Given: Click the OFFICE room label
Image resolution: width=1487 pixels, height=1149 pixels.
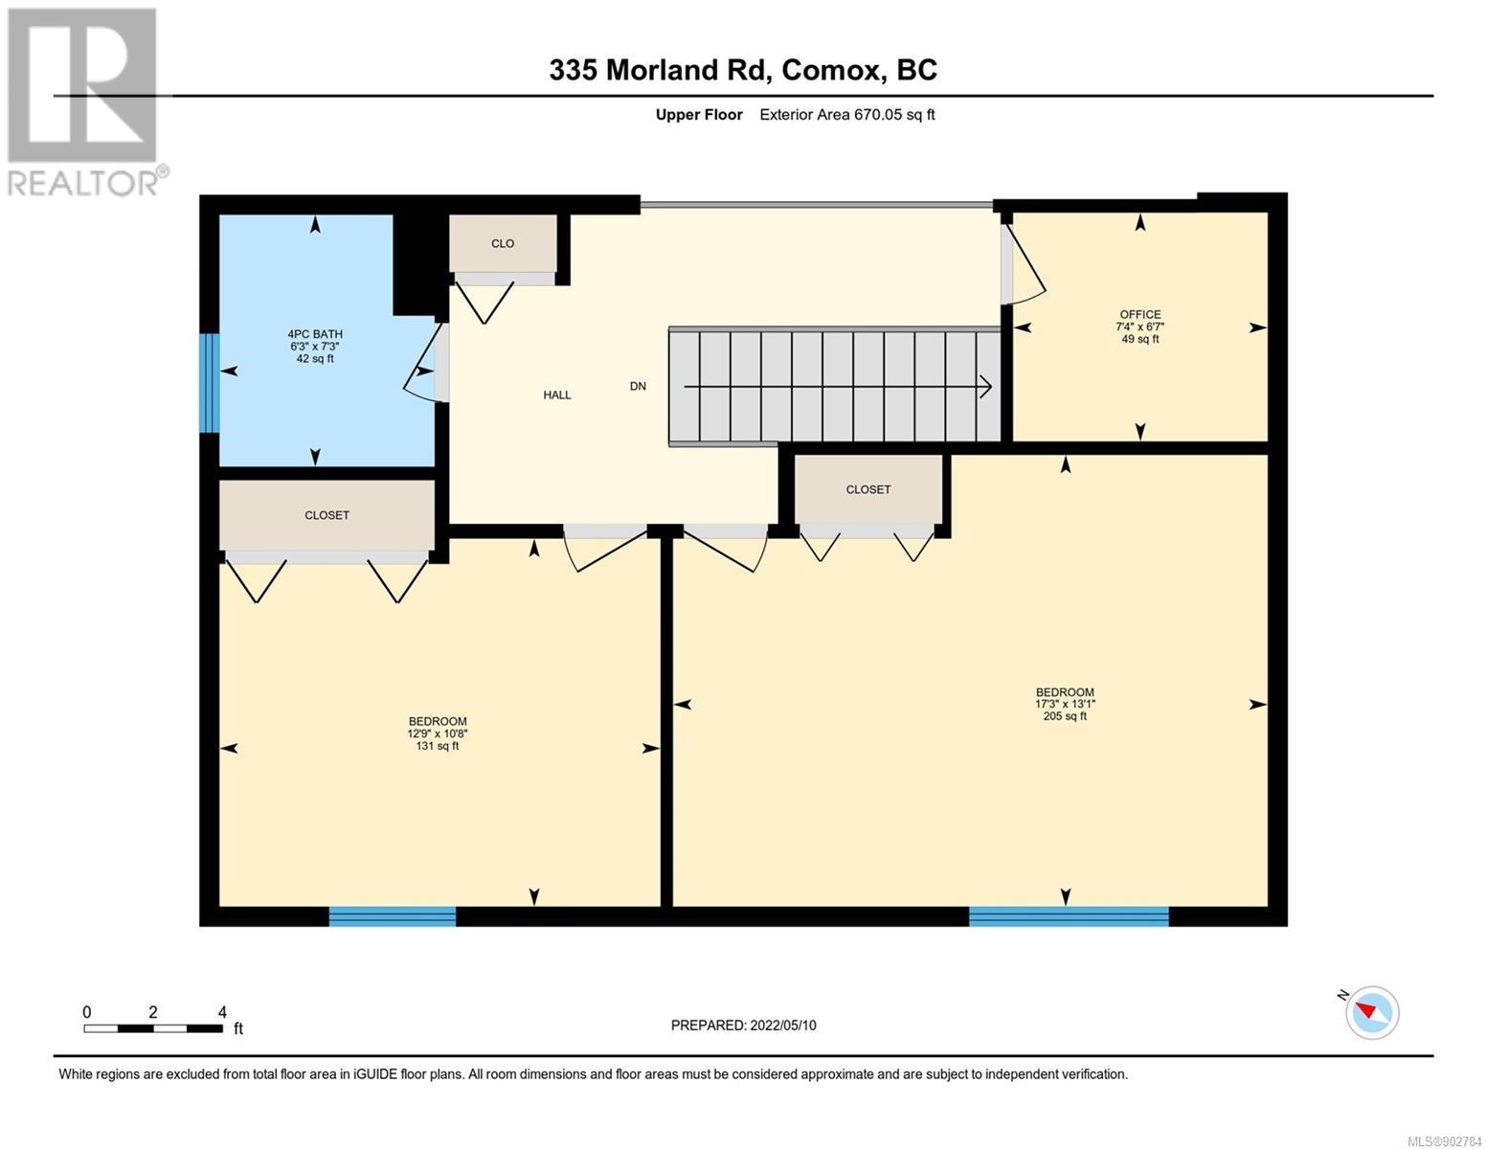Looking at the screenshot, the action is tap(1140, 314).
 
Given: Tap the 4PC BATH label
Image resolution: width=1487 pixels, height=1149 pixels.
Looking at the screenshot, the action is tap(315, 334).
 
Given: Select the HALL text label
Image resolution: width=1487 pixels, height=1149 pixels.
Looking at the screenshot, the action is tap(557, 394).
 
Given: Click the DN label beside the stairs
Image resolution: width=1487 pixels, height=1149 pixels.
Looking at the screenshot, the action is tap(638, 386).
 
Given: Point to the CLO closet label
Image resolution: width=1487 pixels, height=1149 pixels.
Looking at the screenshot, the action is tap(503, 243).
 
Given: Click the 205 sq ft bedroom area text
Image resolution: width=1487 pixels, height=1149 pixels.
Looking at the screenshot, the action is tap(1065, 716).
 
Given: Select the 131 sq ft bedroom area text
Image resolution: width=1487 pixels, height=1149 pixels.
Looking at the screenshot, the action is tap(438, 745).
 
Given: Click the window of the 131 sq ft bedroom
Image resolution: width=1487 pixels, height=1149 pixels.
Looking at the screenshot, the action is tap(393, 916).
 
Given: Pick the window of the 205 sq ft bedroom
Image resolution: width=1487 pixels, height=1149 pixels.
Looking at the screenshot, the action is tap(1069, 916).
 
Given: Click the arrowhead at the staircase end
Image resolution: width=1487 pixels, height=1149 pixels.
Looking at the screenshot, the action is tap(986, 387).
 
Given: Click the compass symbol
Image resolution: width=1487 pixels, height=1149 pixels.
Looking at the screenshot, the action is tap(1372, 1013).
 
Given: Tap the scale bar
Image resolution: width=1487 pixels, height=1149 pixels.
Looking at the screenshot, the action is tap(153, 1028).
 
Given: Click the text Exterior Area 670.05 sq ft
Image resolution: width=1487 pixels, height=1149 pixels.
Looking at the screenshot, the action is tap(847, 114).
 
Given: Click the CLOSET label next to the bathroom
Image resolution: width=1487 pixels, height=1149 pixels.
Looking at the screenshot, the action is tap(327, 515).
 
